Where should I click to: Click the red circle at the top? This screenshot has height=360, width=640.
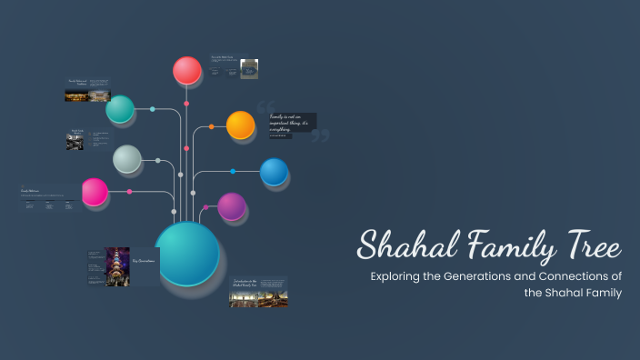pyautogui.click(x=187, y=70)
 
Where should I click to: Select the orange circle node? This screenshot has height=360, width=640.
pyautogui.click(x=240, y=125)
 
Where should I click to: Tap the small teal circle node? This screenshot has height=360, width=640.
pyautogui.click(x=120, y=109)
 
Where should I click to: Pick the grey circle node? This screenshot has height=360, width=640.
pyautogui.click(x=127, y=159)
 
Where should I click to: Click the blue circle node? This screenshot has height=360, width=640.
pyautogui.click(x=274, y=172)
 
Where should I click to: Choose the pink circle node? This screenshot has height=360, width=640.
pyautogui.click(x=95, y=192)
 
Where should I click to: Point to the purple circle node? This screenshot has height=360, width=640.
pyautogui.click(x=232, y=206)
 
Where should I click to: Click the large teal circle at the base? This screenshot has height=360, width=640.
pyautogui.click(x=187, y=254)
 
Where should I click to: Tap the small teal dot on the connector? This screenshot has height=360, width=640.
pyautogui.click(x=153, y=109)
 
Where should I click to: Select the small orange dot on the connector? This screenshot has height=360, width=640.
pyautogui.click(x=212, y=126)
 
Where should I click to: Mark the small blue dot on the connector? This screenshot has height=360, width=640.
pyautogui.click(x=233, y=171)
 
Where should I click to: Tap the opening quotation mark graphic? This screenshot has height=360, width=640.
pyautogui.click(x=265, y=106)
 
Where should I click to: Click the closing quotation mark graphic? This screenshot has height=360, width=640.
pyautogui.click(x=319, y=135)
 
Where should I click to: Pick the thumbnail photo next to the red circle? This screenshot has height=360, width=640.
pyautogui.click(x=249, y=69)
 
